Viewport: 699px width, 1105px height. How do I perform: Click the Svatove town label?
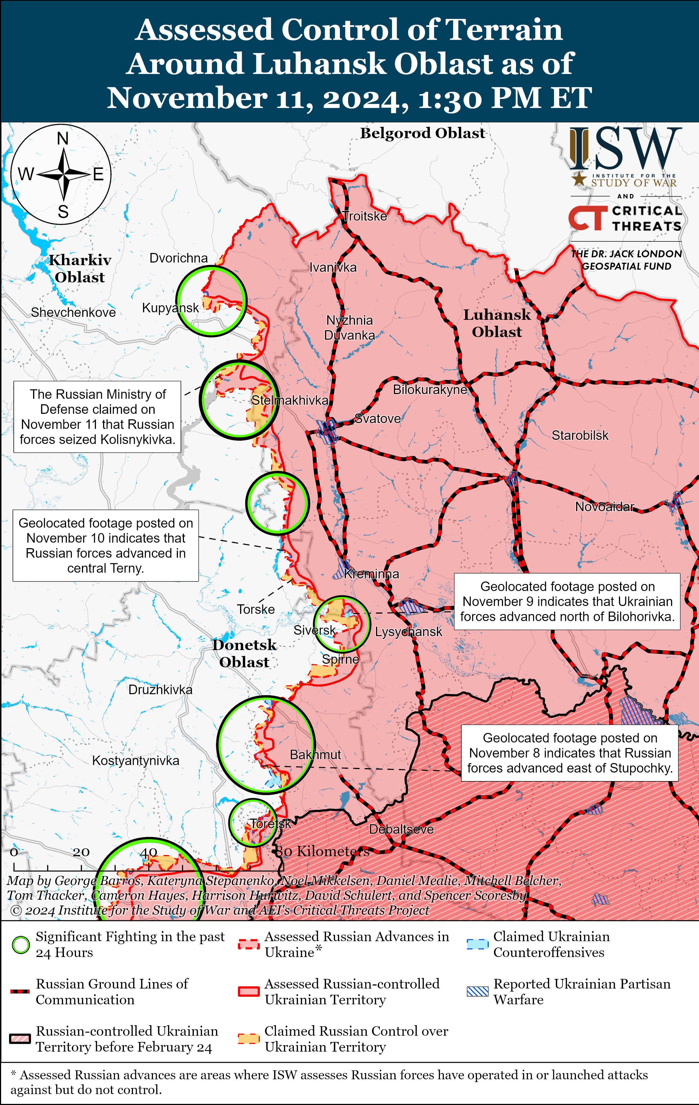pos(378,418)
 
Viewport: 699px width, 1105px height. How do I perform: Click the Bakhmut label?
pos(315,754)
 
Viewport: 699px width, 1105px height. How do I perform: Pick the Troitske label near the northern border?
pos(365,216)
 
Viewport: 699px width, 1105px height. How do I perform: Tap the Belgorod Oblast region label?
pos(422,133)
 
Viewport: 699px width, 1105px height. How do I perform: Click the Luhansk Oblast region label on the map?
pos(497,323)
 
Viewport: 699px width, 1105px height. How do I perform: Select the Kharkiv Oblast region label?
pos(80,269)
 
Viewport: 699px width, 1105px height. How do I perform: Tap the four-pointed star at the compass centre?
pos(64,174)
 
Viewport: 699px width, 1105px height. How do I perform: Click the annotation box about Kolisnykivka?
pos(97,417)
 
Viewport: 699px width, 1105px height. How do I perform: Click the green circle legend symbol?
pos(21,945)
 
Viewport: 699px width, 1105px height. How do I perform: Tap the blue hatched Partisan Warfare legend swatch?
pos(477,991)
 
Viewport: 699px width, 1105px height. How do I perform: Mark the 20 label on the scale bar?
pos(81,852)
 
